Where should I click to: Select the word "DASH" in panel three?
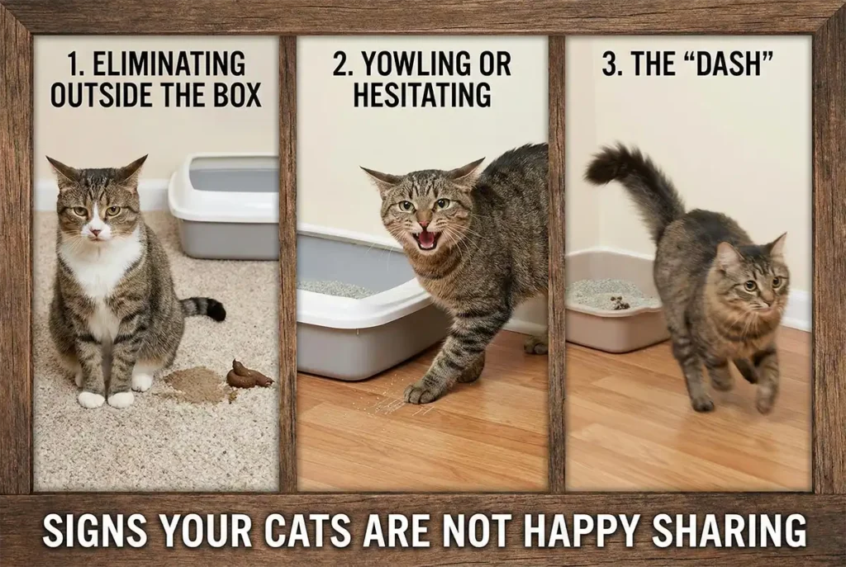point(722,64)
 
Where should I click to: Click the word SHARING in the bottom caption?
point(730,532)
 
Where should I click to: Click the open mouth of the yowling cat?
point(426,240)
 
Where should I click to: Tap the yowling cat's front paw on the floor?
point(421,393)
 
